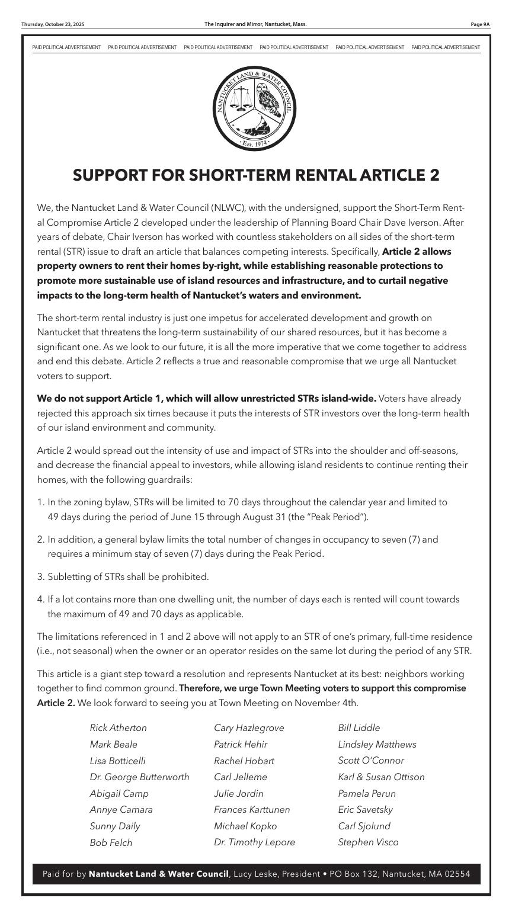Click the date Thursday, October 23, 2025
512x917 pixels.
click(53, 24)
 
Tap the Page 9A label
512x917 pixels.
click(479, 24)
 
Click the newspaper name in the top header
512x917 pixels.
click(255, 24)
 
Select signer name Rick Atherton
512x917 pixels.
click(118, 728)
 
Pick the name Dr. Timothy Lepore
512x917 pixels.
click(254, 842)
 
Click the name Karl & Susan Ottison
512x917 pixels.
click(381, 777)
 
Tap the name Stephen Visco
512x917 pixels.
click(368, 842)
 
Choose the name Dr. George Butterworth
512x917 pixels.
click(139, 777)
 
